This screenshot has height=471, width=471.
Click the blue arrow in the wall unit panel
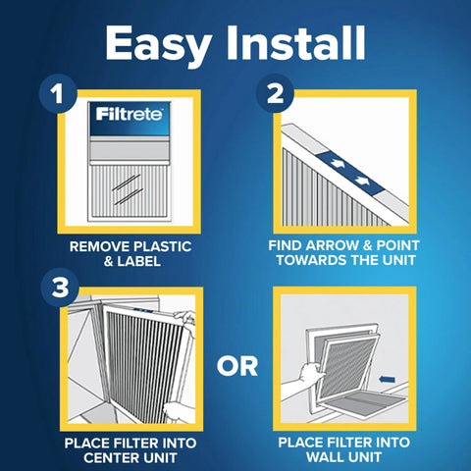tap(389, 375)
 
